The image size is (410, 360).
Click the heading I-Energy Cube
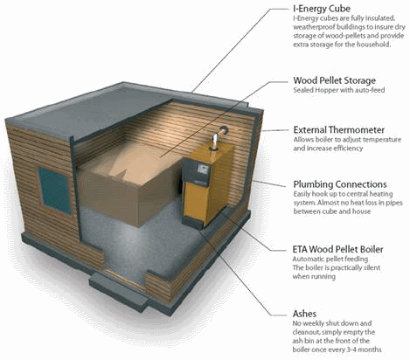point(322,9)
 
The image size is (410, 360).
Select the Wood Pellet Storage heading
point(334,80)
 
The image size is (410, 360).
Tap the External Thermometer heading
point(338,129)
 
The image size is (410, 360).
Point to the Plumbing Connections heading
point(340,184)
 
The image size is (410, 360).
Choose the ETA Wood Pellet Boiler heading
point(337,249)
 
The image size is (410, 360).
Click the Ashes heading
point(304,314)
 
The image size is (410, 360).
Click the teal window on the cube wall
point(55,190)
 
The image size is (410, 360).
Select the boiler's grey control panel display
point(203,169)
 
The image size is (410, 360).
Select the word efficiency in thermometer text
point(348,149)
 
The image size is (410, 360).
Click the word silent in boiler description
point(372,267)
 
